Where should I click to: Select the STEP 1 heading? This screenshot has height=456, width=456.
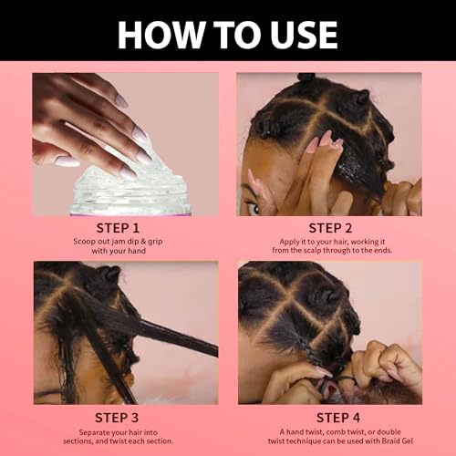click(118, 228)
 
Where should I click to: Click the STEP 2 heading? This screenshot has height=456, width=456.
click(330, 228)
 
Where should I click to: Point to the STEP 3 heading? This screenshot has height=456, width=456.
click(117, 418)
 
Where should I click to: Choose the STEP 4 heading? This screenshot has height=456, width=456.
click(338, 418)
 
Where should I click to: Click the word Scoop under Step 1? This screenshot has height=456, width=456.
click(84, 242)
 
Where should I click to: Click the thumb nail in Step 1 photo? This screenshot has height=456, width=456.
click(67, 161)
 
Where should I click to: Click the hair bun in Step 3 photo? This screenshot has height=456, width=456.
click(109, 275)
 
